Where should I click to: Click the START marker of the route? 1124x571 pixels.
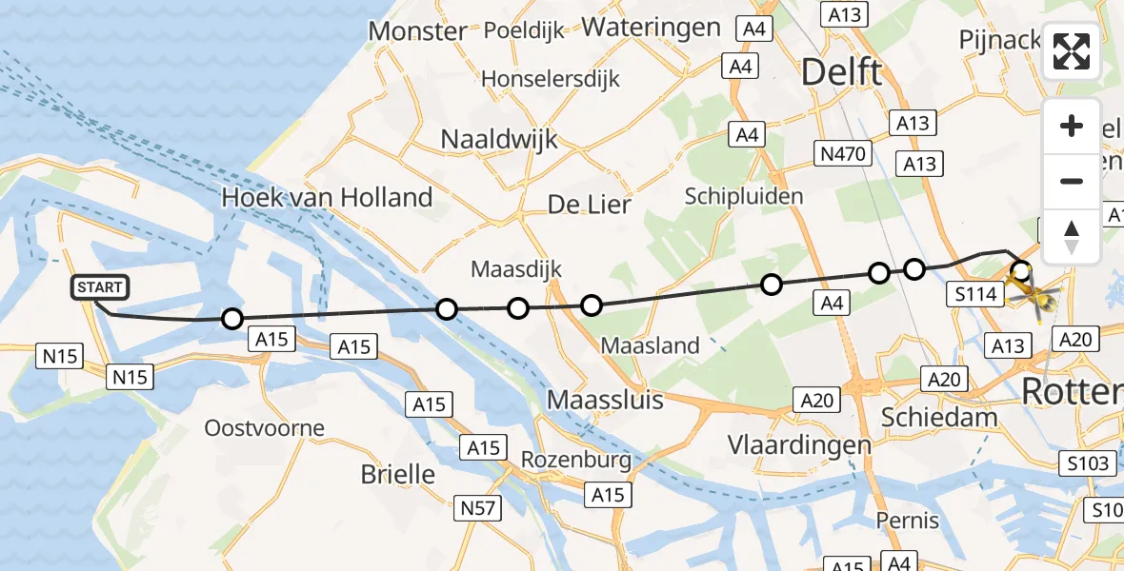pos(99,287)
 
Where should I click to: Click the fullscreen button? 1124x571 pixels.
pos(1072,51)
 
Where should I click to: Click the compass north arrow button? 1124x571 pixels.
pos(1072,237)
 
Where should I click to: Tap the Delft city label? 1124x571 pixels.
pos(842,72)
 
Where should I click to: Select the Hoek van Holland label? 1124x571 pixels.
pos(327,198)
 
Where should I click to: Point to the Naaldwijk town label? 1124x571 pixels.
pos(499,139)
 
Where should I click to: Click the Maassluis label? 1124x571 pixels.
pos(606,400)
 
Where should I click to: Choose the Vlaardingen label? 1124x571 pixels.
pos(786,444)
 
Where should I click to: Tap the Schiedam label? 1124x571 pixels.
pos(939,417)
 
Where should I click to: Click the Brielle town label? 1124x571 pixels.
pos(398,474)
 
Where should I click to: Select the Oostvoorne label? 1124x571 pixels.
pos(265,428)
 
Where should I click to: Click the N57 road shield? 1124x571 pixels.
pos(477,508)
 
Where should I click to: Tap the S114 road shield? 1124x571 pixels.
pos(976,295)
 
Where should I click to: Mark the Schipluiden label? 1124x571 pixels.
pos(744,196)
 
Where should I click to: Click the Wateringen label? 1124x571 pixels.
pos(652,27)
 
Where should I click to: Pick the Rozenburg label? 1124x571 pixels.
pos(576,461)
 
